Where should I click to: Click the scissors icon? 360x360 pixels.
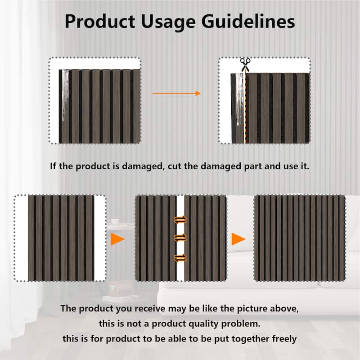click(245, 64)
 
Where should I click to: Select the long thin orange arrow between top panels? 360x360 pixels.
click(176, 93)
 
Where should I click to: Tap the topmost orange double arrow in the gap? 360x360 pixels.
click(180, 220)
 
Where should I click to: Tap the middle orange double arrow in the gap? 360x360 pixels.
click(180, 237)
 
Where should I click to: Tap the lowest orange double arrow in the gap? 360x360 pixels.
click(180, 258)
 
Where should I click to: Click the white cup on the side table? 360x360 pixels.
click(114, 221)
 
